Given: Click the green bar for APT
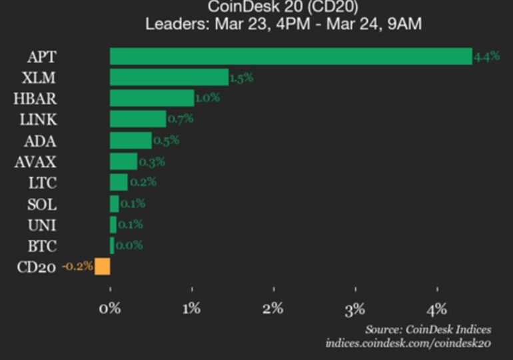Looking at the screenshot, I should [290, 56].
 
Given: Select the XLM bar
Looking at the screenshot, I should [169, 77].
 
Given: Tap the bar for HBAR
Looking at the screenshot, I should [152, 98].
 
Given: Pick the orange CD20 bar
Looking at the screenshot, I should [103, 267].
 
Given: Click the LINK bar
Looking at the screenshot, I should [138, 119].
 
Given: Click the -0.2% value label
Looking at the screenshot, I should [77, 267].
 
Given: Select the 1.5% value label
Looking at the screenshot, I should [241, 78].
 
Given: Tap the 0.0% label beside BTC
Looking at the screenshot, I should [129, 245].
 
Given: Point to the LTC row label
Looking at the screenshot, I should [43, 182].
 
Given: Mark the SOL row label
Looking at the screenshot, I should [43, 203].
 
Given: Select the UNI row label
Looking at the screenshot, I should [43, 224].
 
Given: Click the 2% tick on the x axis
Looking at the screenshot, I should [273, 308].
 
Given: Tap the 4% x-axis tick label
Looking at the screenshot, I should [437, 308].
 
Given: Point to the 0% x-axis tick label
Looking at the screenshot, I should [110, 308].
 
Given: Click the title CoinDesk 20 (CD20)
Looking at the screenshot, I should [282, 7].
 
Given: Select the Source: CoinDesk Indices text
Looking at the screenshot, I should [428, 329].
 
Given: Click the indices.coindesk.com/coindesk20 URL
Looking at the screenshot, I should [408, 343].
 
